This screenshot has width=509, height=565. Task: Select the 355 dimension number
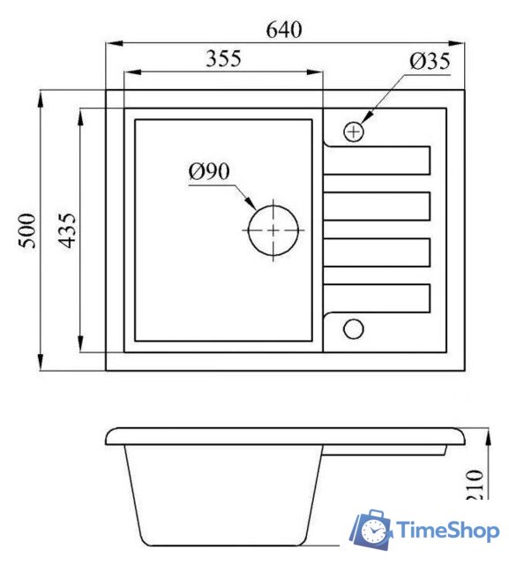tap(223, 60)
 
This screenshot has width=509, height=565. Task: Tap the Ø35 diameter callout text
tap(430, 61)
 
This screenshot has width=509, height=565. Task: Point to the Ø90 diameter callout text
tap(208, 170)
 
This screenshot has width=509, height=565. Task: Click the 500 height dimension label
tap(29, 230)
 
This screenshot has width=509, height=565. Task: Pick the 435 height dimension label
tap(67, 230)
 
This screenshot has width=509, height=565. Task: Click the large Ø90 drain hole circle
tap(273, 230)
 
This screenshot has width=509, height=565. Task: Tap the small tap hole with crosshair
tap(354, 132)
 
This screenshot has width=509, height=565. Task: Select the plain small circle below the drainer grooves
tap(353, 328)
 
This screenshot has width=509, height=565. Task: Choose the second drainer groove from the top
tap(378, 207)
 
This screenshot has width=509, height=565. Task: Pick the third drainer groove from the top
tap(378, 252)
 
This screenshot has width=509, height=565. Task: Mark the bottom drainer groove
tap(378, 298)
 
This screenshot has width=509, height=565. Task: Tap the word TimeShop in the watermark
tap(449, 531)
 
